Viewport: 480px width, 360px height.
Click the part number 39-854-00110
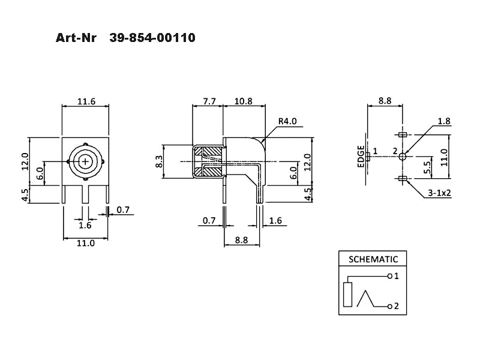[152, 38]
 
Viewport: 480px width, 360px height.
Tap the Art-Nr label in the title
[76, 38]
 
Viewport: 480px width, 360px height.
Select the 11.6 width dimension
[86, 101]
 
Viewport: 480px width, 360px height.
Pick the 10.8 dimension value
[244, 101]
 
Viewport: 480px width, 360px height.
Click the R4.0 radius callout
[287, 122]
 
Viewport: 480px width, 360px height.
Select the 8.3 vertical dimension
[158, 161]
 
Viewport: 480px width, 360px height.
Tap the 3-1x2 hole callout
[440, 193]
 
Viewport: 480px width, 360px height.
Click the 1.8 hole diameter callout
[444, 121]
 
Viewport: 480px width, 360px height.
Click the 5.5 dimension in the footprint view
[427, 167]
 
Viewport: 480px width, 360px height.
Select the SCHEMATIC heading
[373, 259]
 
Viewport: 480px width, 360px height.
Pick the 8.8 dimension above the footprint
[385, 101]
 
